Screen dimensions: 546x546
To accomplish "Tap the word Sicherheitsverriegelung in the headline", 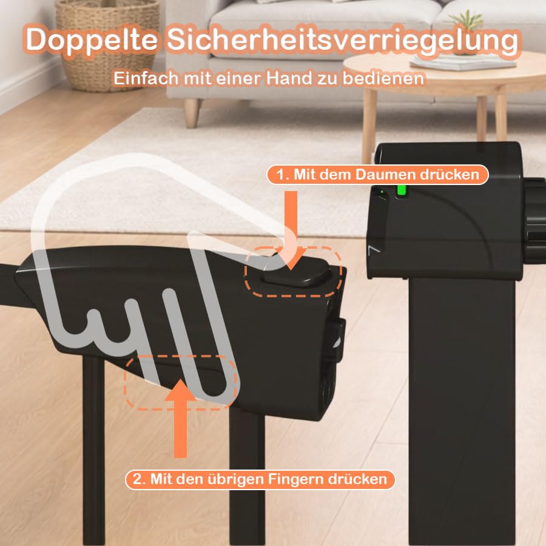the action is (x=343, y=39).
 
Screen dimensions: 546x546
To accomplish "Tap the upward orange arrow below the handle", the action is (x=180, y=419).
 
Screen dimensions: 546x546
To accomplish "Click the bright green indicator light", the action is (x=402, y=190).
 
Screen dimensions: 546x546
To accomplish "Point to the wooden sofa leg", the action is (x=192, y=113).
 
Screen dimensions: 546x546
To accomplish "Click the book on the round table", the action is (x=462, y=62).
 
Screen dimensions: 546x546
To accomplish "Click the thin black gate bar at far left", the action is (x=93, y=449).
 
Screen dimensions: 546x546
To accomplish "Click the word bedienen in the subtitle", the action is (x=383, y=78).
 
